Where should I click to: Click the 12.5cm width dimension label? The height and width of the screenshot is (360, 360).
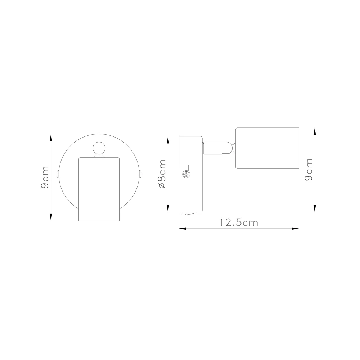click(x=239, y=222)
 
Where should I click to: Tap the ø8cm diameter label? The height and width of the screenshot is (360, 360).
click(x=162, y=174)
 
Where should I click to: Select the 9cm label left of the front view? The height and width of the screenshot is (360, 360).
click(x=45, y=177)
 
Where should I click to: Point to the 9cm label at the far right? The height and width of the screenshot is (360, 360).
click(x=309, y=170)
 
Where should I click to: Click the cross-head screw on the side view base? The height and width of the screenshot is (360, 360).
click(x=186, y=175)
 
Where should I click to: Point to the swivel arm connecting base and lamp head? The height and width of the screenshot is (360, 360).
click(x=219, y=148)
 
